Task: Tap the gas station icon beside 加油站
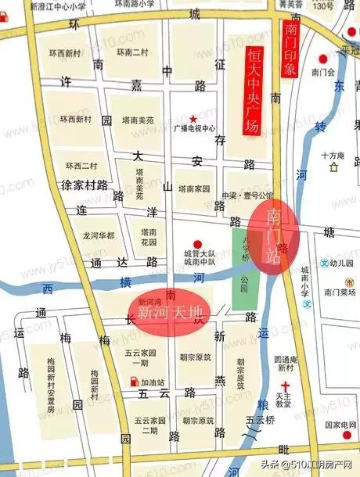point(135,382)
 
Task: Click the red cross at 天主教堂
point(286,386)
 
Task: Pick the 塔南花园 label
point(149,238)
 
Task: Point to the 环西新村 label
point(65,53)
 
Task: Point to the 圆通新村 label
point(283,363)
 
